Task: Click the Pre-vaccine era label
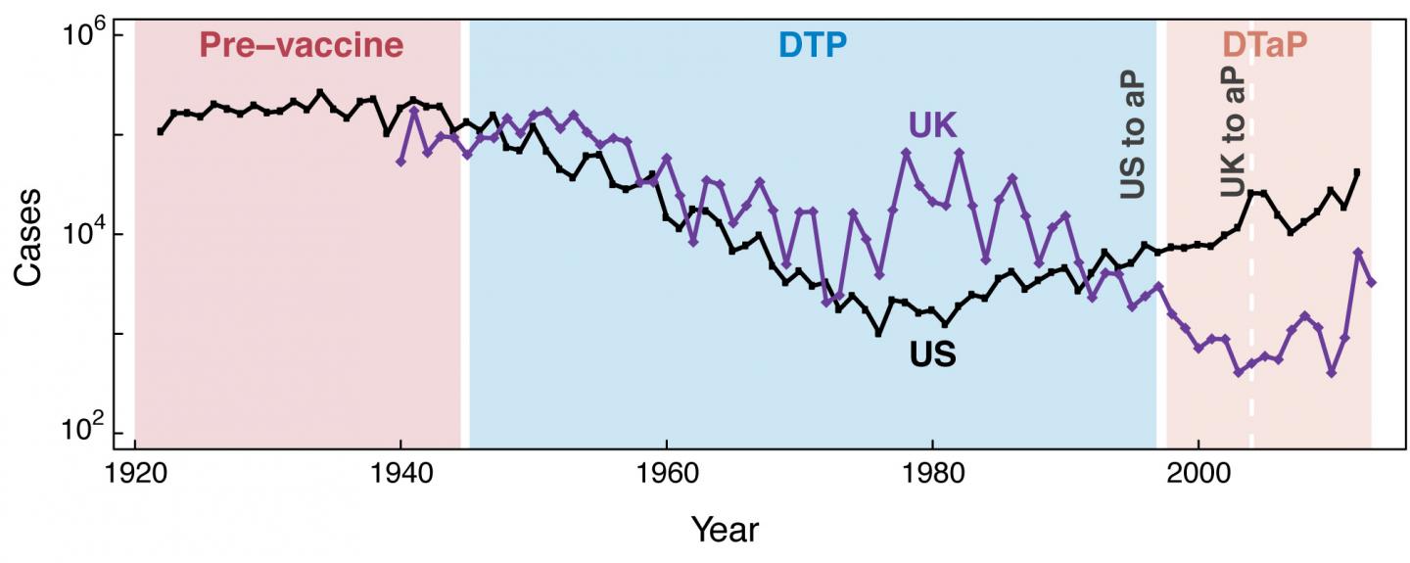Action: coord(301,46)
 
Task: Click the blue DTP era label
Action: coord(812,46)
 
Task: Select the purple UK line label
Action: coord(932,125)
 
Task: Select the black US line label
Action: coord(932,354)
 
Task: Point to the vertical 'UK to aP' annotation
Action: coord(1234,135)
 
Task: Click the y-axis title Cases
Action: coord(28,236)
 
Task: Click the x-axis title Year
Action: coord(725,530)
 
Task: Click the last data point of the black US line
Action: coord(1356,172)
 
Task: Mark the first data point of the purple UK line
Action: coord(400,162)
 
